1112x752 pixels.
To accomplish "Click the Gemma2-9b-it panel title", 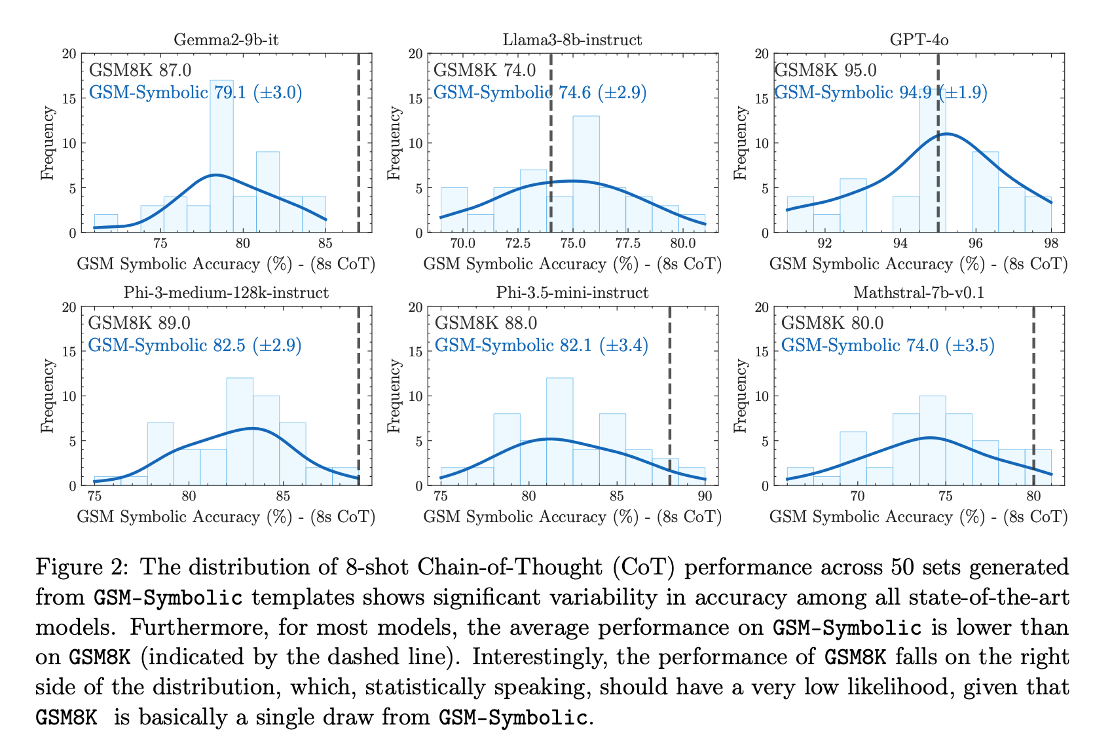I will tap(226, 40).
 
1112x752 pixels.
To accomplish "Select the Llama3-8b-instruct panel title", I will tap(572, 40).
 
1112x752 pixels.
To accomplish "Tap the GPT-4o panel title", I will tap(919, 40).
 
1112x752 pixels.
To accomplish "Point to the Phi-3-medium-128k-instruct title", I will tap(226, 293).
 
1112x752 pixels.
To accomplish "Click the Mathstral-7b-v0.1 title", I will tap(919, 293).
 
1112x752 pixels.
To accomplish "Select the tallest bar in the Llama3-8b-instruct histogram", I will tap(585, 174).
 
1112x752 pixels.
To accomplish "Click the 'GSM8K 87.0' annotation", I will tap(140, 71).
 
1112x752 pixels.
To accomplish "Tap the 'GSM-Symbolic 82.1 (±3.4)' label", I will tap(541, 345).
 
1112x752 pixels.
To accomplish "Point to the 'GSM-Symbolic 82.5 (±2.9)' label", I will tap(195, 345).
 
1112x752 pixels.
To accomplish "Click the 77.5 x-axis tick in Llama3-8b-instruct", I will tap(627, 244).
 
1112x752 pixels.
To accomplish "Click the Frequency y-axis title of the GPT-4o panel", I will tap(741, 143).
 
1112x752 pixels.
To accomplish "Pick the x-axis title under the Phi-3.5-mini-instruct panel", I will tap(572, 517).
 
